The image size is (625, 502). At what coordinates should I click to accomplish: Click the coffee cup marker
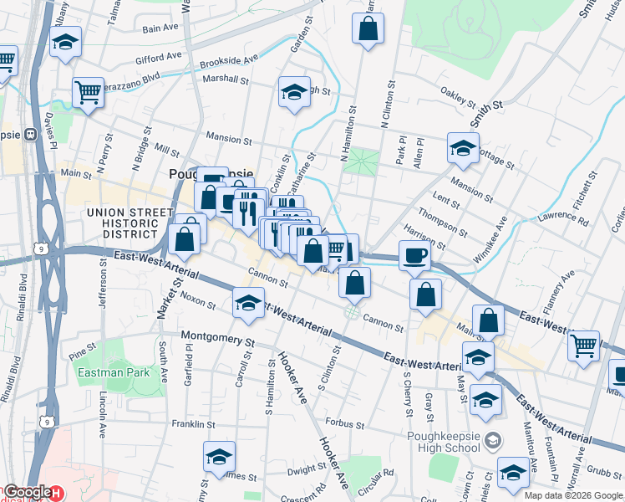[414, 256]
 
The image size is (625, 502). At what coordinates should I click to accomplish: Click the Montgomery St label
[218, 341]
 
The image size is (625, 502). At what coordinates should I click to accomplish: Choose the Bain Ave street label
[160, 28]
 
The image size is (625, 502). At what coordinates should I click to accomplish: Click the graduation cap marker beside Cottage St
[463, 148]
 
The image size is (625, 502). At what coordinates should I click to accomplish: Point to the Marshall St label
[226, 80]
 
